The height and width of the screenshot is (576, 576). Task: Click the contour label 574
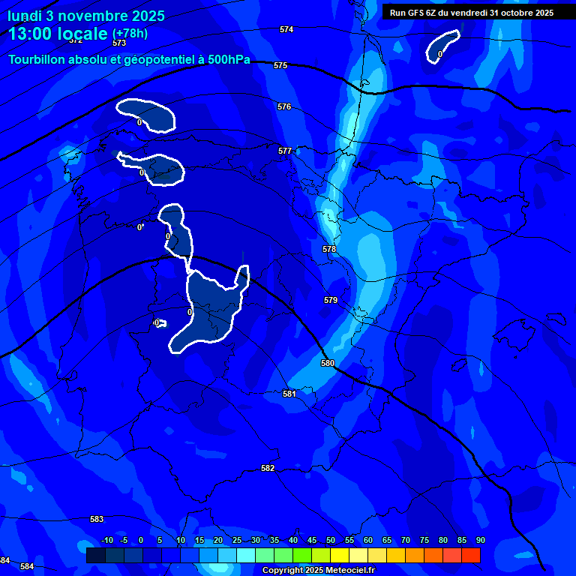286,29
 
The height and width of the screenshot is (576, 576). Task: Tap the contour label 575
280,65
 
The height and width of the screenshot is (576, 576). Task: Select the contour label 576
284,107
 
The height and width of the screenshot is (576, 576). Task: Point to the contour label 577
285,151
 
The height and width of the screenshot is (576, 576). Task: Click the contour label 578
329,249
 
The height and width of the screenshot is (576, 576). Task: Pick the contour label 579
331,300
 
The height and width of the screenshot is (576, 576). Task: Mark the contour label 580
328,363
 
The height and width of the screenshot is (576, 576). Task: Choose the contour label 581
289,394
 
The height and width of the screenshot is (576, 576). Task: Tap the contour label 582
268,468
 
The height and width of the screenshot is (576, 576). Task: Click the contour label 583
97,519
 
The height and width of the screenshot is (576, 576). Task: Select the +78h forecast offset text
130,34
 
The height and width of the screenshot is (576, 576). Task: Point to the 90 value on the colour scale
480,540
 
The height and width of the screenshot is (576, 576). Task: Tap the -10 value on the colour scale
107,540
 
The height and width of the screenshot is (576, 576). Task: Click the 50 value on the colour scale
331,540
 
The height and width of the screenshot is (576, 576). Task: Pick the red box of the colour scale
471,555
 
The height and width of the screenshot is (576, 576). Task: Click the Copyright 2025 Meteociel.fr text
318,571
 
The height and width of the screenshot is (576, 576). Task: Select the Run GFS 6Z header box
471,12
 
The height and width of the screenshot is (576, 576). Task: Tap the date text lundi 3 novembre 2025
87,16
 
